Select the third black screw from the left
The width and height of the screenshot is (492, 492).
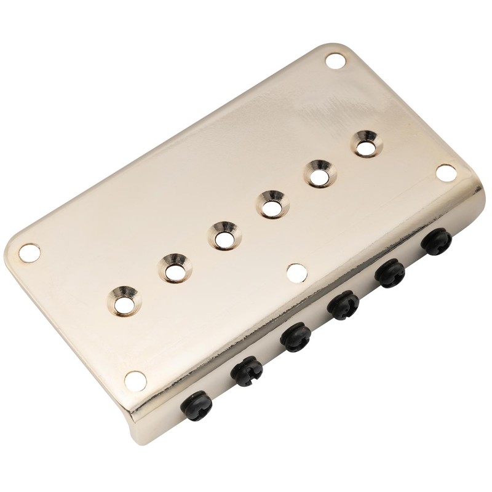tap(295, 336)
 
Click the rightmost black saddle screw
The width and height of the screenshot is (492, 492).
tap(435, 240)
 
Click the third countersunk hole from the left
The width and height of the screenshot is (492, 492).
tap(222, 236)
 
